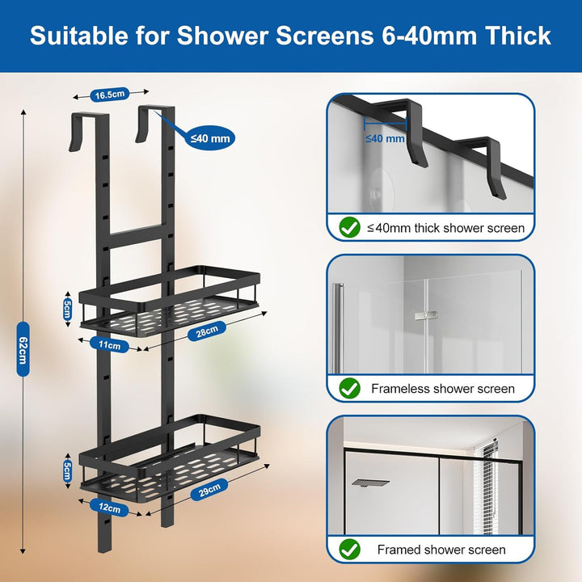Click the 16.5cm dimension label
coord(110,95)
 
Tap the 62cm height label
coord(23,349)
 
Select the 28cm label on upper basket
coord(207,331)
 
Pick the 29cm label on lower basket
coord(209,490)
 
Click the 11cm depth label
coord(109,345)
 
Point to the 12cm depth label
coord(109,508)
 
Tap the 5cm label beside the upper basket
coord(67,309)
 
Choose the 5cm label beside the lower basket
coord(67,470)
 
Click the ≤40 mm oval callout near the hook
coord(210,138)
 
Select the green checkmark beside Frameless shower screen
coord(350,388)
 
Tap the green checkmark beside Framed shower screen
coord(350,550)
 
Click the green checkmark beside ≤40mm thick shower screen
coord(350,227)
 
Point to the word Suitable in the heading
coord(79,36)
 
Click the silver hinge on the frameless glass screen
coord(426,315)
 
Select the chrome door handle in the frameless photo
coord(338,327)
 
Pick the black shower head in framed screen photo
coord(370,483)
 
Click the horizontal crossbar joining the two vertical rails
coord(136,235)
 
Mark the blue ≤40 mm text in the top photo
coord(385,138)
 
